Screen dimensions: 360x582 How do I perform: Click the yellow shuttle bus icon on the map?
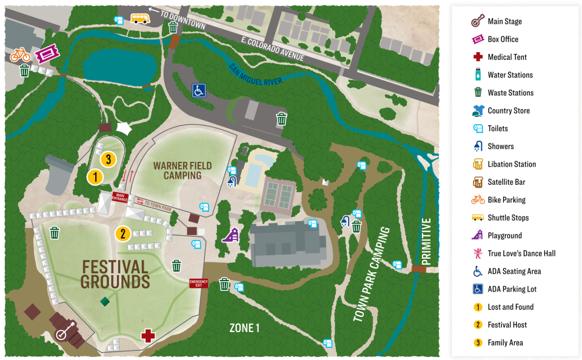click(140, 19)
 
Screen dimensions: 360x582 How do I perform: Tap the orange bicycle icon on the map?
click(20, 55)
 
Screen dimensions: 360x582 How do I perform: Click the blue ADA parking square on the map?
click(199, 90)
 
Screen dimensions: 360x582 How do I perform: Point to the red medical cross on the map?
click(147, 336)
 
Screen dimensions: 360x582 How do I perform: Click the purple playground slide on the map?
click(230, 235)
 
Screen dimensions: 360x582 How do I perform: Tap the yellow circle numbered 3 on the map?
click(108, 159)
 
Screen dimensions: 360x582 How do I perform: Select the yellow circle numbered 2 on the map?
click(122, 233)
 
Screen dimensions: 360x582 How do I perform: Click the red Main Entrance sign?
click(118, 197)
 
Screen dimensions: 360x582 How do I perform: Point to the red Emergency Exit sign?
click(198, 283)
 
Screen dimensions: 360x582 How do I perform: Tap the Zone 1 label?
click(244, 328)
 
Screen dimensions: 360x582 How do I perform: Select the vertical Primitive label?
click(426, 241)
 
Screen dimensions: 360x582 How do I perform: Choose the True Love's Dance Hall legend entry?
click(521, 253)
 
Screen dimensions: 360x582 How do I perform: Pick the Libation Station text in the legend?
click(512, 164)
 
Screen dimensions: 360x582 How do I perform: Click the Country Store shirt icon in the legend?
click(478, 111)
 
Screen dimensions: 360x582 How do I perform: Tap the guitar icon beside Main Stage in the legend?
click(478, 21)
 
